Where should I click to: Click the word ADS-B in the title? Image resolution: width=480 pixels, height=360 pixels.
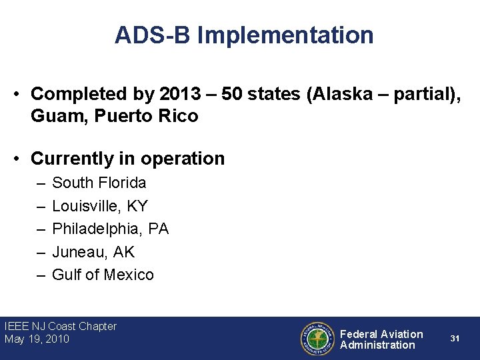click(153, 35)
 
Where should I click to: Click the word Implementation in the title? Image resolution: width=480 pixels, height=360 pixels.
click(285, 35)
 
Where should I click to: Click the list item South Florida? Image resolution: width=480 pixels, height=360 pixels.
click(99, 183)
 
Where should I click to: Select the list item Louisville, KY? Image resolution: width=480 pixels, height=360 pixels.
click(100, 206)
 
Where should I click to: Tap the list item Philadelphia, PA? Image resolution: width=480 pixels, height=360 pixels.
click(110, 229)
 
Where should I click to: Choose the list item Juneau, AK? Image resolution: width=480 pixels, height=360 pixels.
click(93, 252)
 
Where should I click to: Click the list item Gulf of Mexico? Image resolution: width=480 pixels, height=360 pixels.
click(103, 275)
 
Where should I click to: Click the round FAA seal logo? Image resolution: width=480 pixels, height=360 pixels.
click(317, 339)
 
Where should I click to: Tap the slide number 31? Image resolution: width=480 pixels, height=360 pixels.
click(455, 339)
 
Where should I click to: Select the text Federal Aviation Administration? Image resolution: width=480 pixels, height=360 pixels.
click(381, 339)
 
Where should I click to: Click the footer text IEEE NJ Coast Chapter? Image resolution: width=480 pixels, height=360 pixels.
click(60, 327)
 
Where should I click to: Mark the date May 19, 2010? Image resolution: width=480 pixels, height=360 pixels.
click(37, 339)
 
